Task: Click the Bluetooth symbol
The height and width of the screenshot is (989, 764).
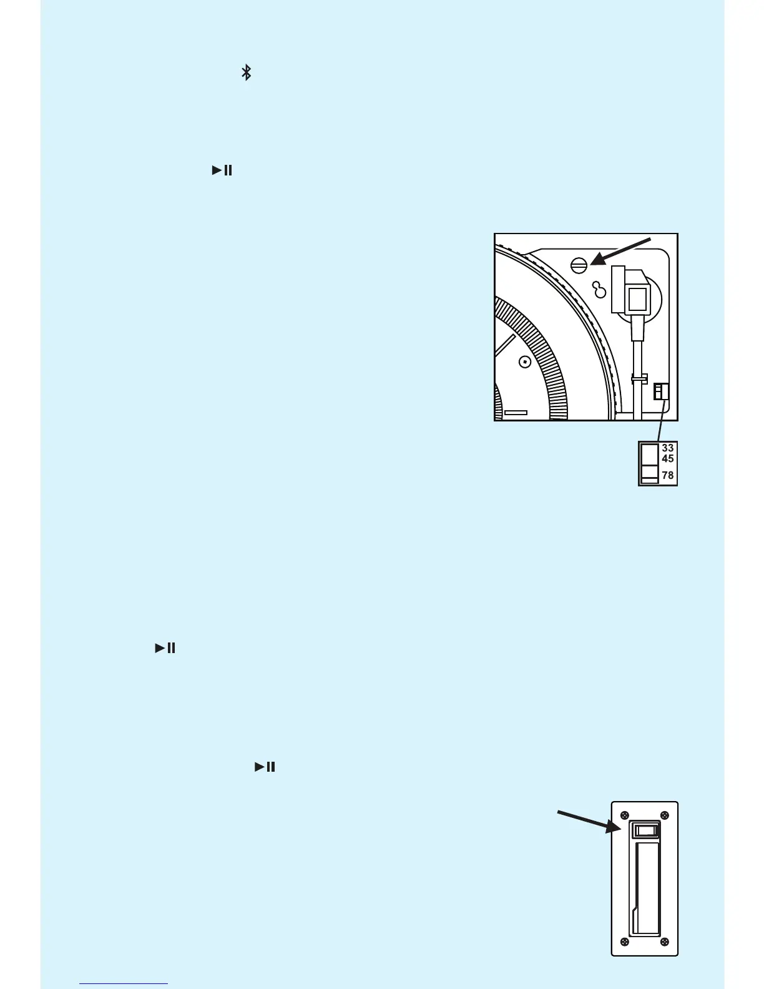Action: click(247, 72)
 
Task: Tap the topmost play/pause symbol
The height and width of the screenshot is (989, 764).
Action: click(222, 170)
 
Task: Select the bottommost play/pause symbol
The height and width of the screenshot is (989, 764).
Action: click(265, 767)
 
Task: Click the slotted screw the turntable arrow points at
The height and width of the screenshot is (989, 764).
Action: click(579, 265)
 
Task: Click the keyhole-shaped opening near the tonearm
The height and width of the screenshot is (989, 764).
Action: click(600, 290)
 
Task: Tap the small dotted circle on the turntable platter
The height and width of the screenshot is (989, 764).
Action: click(525, 361)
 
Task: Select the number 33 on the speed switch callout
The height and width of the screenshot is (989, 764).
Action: click(667, 448)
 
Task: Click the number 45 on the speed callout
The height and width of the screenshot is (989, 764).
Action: click(667, 459)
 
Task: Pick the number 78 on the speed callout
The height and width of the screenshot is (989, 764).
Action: click(667, 475)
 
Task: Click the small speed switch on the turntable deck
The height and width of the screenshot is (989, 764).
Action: click(661, 391)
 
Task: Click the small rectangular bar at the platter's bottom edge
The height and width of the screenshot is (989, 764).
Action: click(516, 413)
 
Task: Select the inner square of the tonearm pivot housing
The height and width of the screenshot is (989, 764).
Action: click(637, 300)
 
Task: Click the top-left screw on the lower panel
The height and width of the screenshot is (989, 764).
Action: click(624, 815)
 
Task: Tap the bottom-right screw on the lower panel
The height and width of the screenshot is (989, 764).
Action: click(664, 942)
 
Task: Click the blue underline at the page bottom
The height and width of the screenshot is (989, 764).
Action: click(124, 984)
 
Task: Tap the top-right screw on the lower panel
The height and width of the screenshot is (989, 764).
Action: click(664, 815)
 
